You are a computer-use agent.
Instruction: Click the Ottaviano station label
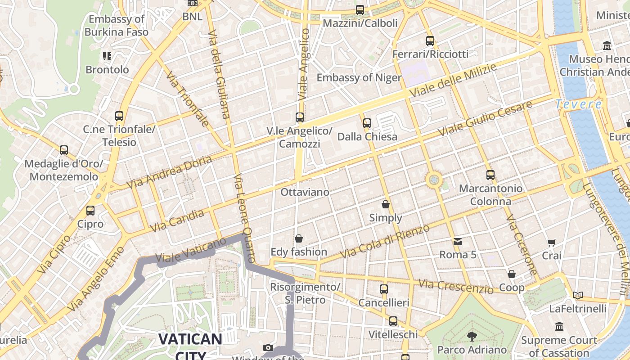(x=305, y=192)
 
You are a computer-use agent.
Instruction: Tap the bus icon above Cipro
(x=90, y=210)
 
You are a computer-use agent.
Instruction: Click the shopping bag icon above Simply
(x=386, y=204)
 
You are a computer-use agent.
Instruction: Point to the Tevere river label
(x=579, y=104)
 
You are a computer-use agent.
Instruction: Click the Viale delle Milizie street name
(x=454, y=81)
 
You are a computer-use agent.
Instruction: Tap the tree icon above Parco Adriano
(x=472, y=336)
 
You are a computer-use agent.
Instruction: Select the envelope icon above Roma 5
(x=458, y=242)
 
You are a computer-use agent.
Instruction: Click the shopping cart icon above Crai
(x=552, y=243)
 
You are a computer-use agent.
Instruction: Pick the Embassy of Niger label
(x=359, y=77)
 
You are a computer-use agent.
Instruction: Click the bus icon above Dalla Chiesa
(x=367, y=123)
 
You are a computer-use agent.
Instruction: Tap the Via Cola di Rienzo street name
(x=385, y=242)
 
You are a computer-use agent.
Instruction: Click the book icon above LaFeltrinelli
(x=578, y=296)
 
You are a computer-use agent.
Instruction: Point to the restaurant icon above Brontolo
(x=107, y=56)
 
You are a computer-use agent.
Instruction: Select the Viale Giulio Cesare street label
(x=485, y=118)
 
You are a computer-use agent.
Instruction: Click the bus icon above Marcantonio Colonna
(x=490, y=175)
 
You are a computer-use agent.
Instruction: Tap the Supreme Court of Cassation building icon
(x=559, y=326)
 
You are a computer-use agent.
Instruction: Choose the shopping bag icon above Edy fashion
(x=299, y=238)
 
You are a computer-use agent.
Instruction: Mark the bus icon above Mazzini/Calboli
(x=360, y=9)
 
